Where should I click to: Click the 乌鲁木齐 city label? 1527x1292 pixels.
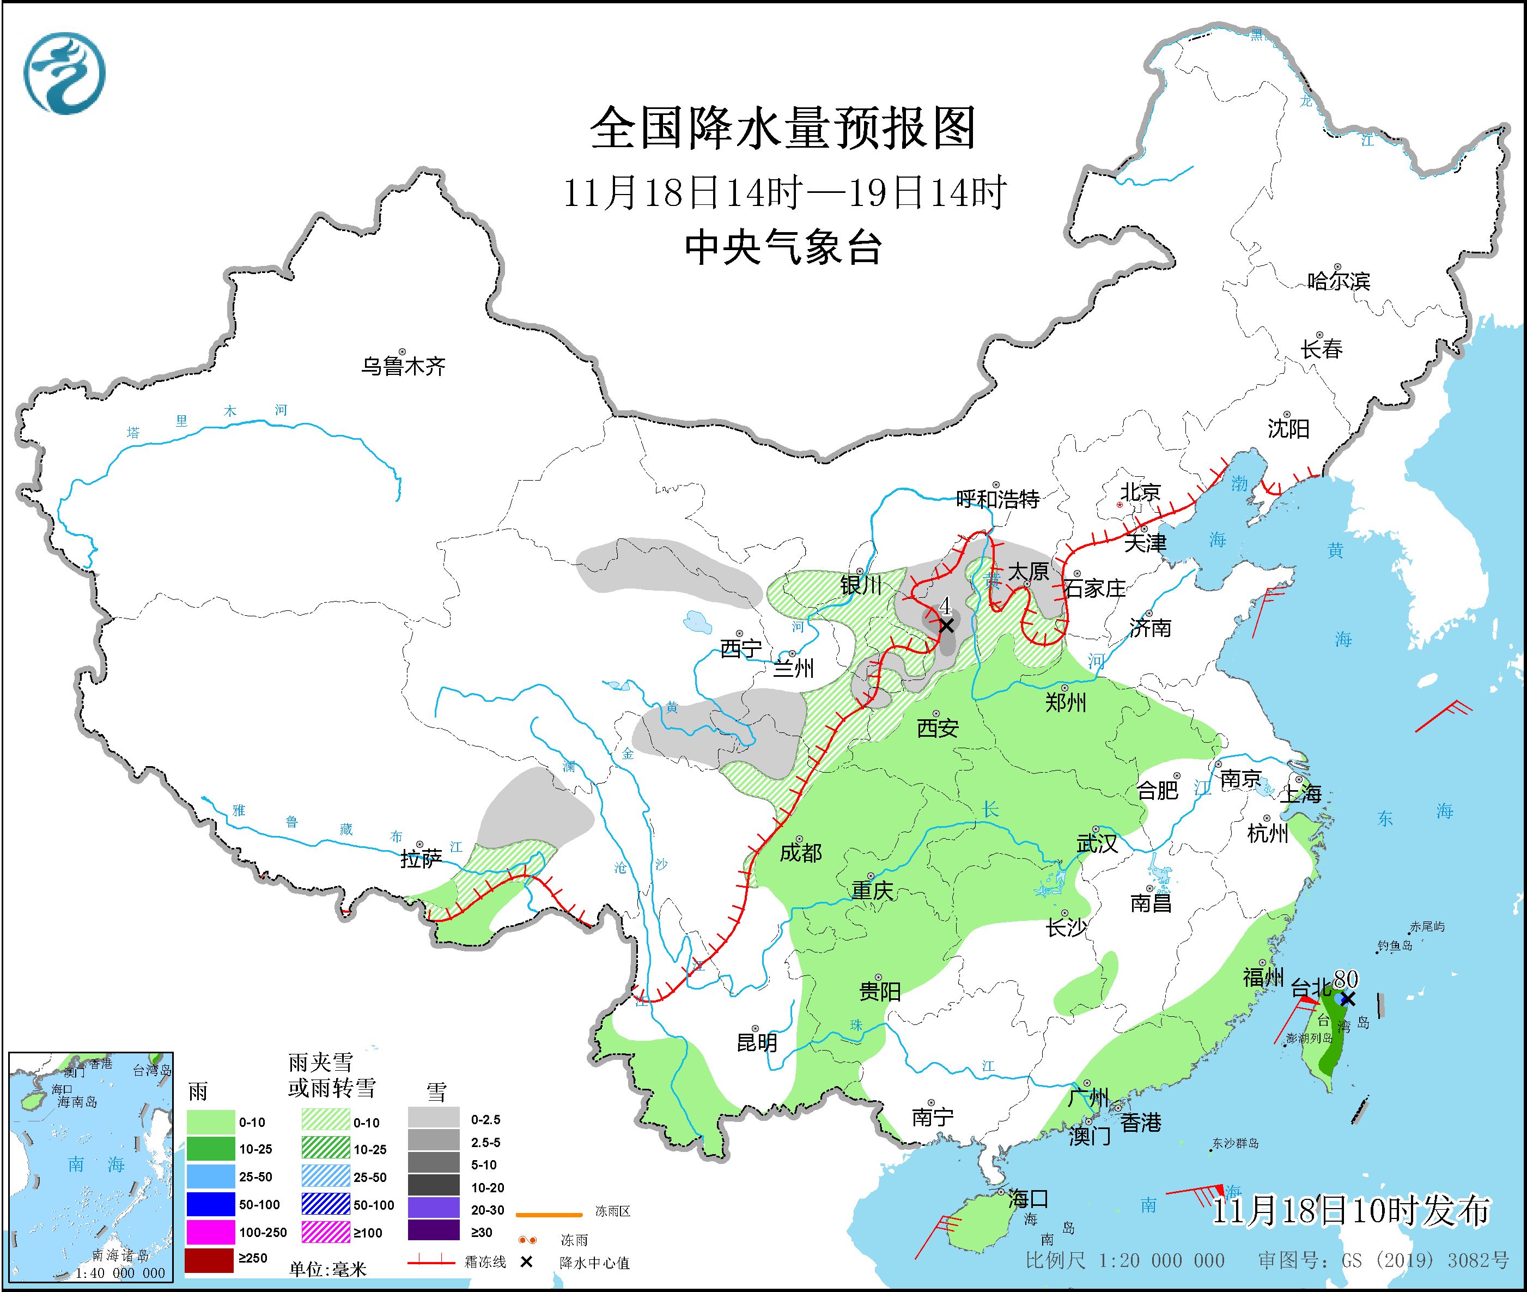[x=403, y=366]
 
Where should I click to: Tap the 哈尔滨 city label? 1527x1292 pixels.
[x=1338, y=281]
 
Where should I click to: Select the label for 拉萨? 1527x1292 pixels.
[x=421, y=859]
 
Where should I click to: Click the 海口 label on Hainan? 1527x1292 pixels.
[x=1028, y=1199]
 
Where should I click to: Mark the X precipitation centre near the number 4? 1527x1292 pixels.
[x=946, y=626]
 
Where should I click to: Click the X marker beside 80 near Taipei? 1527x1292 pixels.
[x=1348, y=999]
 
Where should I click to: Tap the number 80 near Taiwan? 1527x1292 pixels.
[x=1346, y=979]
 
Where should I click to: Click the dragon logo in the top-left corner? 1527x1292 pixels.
[x=64, y=73]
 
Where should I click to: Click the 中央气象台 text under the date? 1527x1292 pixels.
[x=783, y=247]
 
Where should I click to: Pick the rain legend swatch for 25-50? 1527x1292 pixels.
[x=209, y=1177]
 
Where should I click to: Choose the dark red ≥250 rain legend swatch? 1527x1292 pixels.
[x=209, y=1258]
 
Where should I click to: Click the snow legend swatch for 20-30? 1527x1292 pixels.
[x=434, y=1209]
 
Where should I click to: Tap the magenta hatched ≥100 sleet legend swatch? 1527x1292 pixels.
[x=325, y=1233]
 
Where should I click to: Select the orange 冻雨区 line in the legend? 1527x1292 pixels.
[x=549, y=1215]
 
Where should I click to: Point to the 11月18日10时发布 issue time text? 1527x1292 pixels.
[x=1350, y=1211]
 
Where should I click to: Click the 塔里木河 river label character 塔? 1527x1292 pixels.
[x=132, y=432]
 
